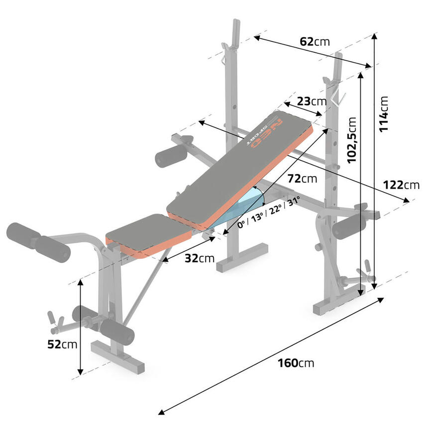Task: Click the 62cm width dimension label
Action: tap(315, 42)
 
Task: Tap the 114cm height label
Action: tap(384, 114)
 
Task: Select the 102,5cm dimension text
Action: tap(352, 140)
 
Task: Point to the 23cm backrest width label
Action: tap(312, 101)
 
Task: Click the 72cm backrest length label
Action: tap(302, 179)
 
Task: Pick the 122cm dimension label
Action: tap(401, 185)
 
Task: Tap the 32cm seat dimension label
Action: tap(200, 258)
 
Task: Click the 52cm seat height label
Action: tap(62, 344)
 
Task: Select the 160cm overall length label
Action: tap(296, 363)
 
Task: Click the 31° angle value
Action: tap(293, 201)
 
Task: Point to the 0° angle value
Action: tap(241, 224)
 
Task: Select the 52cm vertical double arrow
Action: tap(80, 327)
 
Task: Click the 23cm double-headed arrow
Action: tap(303, 109)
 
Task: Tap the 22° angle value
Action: tap(275, 210)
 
